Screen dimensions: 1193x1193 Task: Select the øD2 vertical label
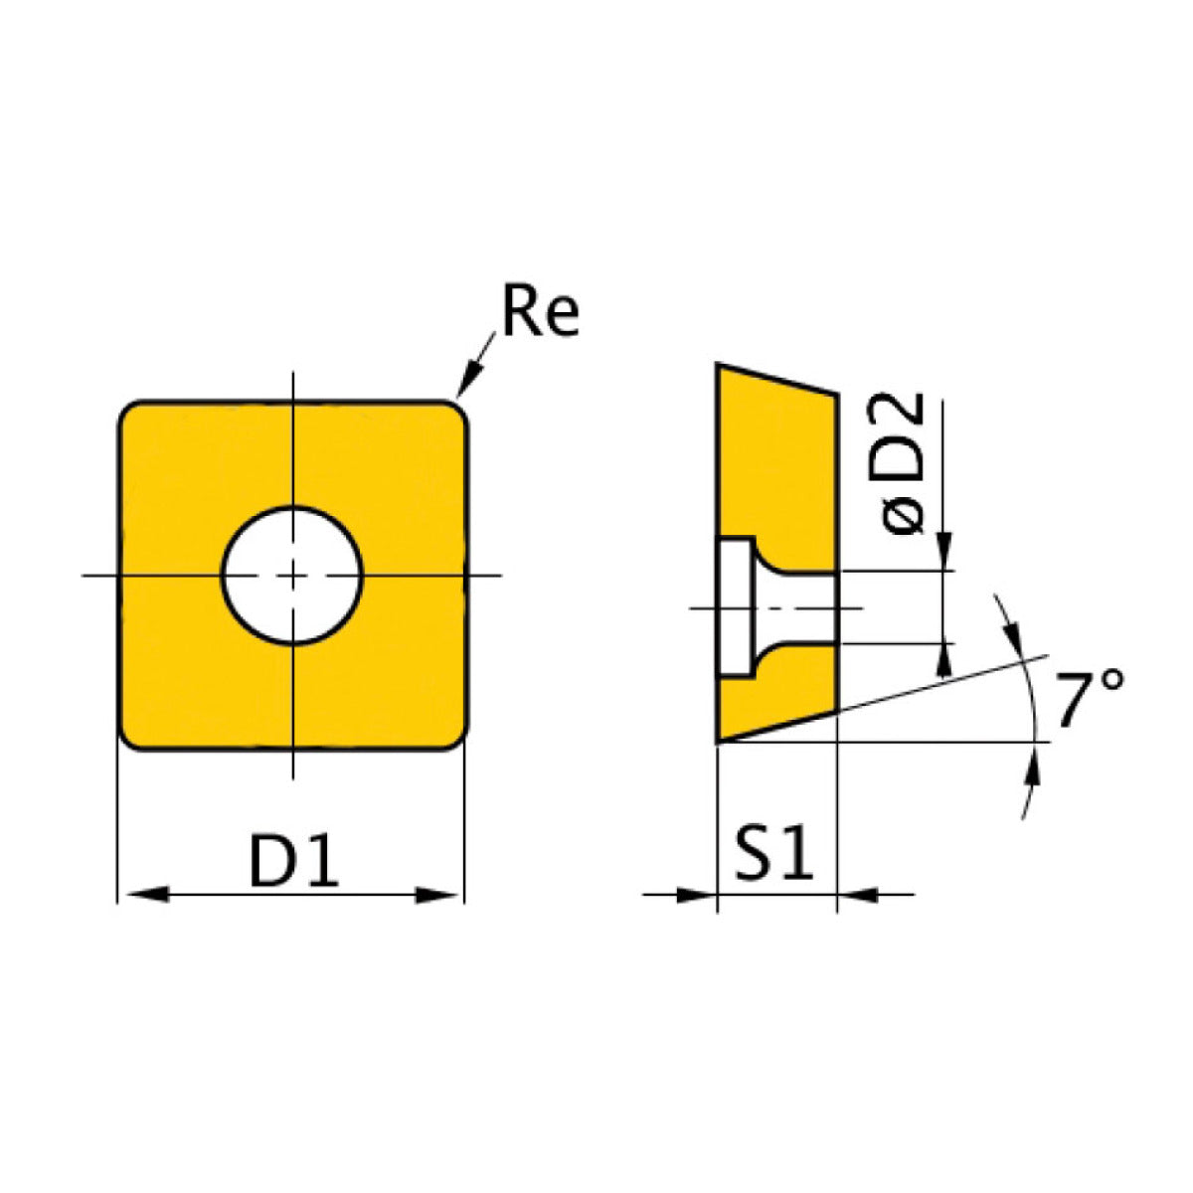pos(906,463)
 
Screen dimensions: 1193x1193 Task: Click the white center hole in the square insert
pos(292,575)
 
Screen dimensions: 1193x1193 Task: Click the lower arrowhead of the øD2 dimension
pos(942,657)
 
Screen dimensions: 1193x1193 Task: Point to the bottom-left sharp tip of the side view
pos(719,741)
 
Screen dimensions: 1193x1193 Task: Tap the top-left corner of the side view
pos(719,367)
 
